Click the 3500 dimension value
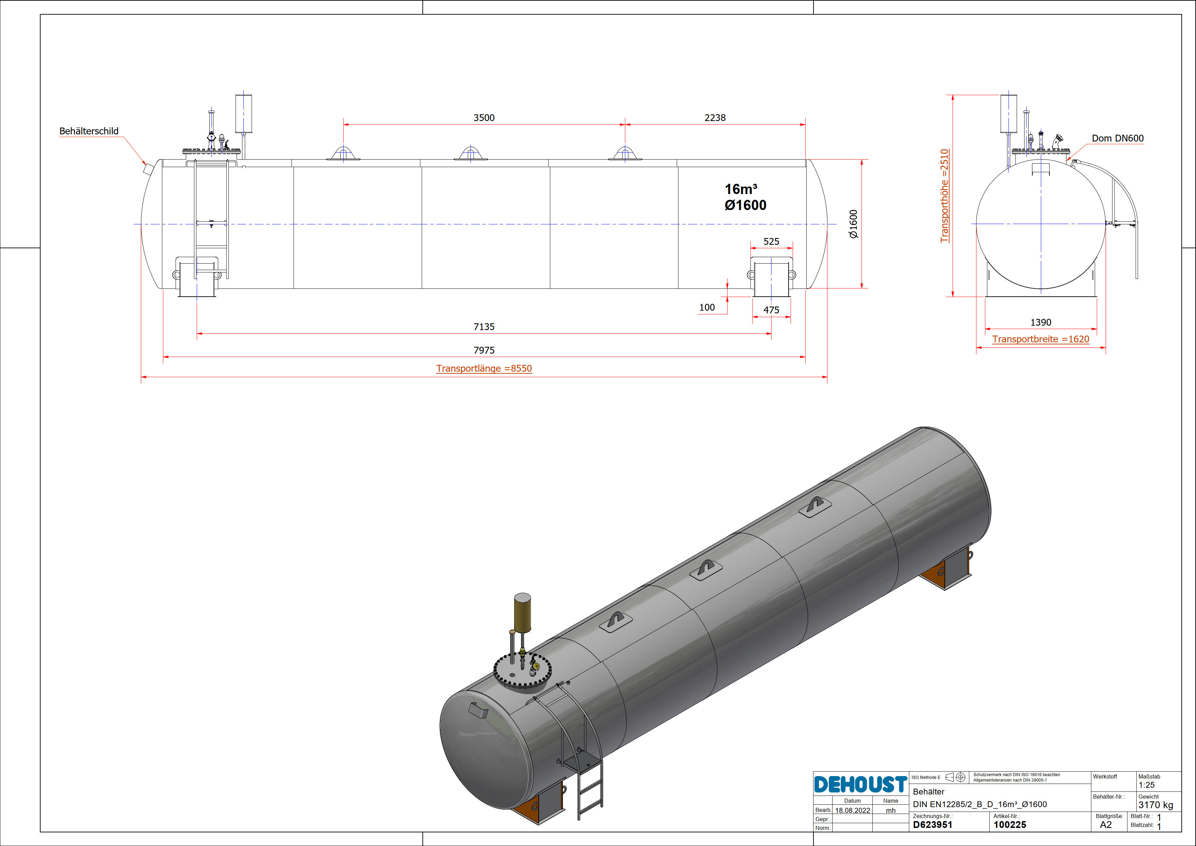click(x=484, y=118)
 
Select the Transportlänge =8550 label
click(x=484, y=368)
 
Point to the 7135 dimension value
click(x=484, y=327)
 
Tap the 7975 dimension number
click(x=484, y=350)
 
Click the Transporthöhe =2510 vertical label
click(x=944, y=196)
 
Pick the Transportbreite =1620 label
click(x=1040, y=339)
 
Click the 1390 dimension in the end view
click(x=1041, y=323)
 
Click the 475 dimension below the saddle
click(x=772, y=310)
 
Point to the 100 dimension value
click(x=707, y=307)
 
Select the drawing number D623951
click(x=932, y=825)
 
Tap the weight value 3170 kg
click(x=1155, y=805)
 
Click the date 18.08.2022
click(x=852, y=811)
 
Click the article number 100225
click(x=1010, y=825)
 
